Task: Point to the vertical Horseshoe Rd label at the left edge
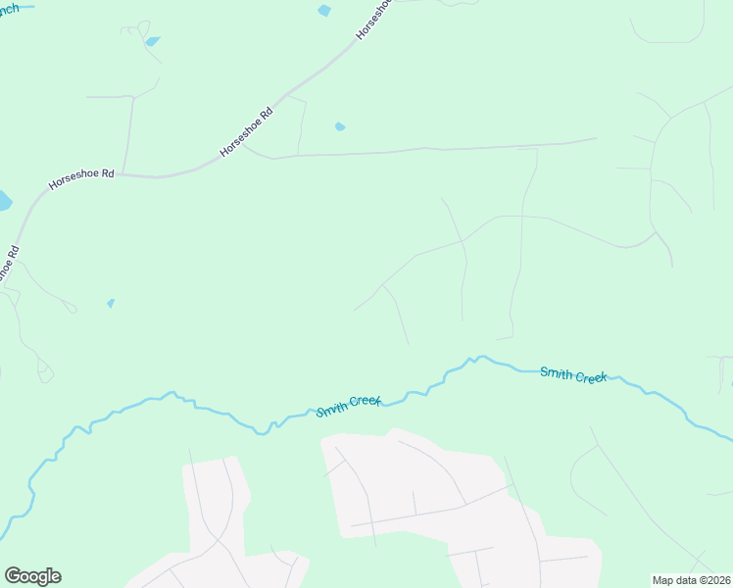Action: pos(11,264)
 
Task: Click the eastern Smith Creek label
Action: pos(574,374)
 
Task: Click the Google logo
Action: pos(32,576)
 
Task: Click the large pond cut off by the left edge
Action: pos(4,201)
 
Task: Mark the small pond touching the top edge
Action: pos(324,10)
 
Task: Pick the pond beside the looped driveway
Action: pos(152,41)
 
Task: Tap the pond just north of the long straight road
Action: pos(340,126)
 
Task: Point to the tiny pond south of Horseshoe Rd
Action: pos(111,303)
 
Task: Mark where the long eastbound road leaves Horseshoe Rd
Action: pos(245,147)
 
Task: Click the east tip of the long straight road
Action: pos(596,138)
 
